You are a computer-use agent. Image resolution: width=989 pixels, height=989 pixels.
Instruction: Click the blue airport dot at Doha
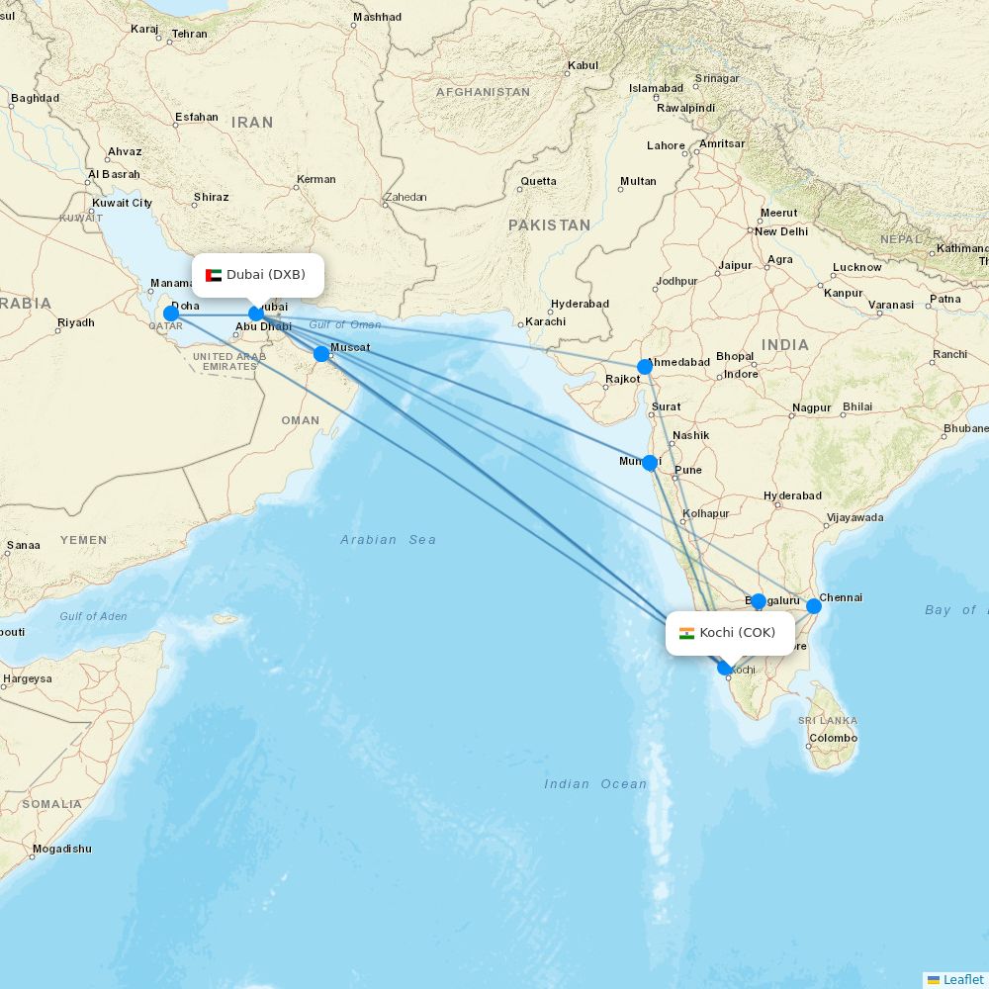point(170,314)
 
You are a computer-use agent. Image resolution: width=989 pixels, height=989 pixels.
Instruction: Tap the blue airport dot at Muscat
point(321,354)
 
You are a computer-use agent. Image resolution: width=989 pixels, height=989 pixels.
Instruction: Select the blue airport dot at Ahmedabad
point(645,367)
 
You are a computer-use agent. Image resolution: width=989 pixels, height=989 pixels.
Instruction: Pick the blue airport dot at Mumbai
point(650,462)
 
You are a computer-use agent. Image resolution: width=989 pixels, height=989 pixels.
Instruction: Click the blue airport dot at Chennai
point(814,605)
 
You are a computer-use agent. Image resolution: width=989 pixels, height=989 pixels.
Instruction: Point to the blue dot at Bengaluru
point(758,600)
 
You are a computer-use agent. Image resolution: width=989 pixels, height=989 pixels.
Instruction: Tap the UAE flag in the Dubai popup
point(214,275)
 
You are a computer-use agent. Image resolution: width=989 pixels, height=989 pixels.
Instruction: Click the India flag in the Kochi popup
point(686,633)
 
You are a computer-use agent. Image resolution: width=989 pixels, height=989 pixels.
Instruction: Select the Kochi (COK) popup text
point(738,633)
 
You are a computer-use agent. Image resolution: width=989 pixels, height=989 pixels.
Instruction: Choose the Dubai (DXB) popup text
point(266,275)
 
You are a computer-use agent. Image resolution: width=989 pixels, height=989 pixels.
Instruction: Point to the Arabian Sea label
point(388,540)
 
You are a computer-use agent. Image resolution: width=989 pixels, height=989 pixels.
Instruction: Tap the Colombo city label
point(833,738)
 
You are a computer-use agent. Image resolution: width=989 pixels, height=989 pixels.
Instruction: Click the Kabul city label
point(584,66)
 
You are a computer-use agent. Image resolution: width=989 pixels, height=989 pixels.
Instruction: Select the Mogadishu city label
point(61,849)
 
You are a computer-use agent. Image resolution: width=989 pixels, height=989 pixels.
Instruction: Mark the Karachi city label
point(546,321)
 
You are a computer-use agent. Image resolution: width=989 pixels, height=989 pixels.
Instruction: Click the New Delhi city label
point(781,231)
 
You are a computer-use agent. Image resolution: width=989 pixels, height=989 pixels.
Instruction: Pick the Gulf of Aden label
point(93,616)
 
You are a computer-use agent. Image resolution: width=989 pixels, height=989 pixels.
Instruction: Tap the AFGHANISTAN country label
point(483,92)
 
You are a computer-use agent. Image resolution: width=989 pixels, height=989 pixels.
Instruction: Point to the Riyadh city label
point(76,322)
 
